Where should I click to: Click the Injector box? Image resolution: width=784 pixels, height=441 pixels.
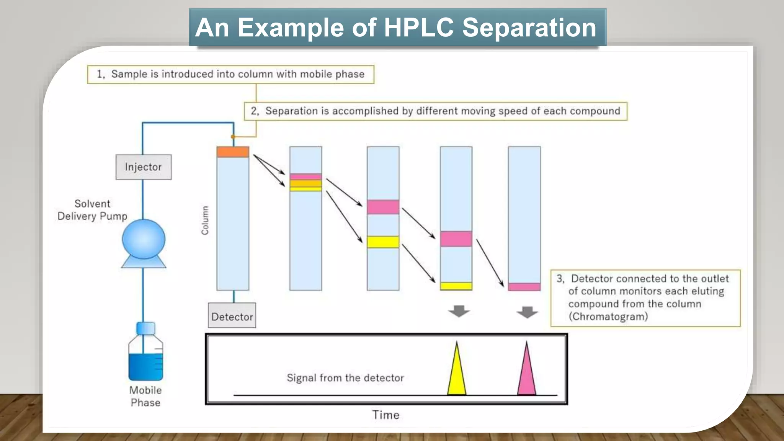(x=144, y=167)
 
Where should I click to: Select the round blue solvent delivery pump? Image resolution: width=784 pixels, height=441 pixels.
(x=144, y=239)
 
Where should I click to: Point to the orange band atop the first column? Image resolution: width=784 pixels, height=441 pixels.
(x=233, y=152)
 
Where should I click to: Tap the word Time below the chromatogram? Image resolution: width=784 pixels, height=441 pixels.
(x=385, y=415)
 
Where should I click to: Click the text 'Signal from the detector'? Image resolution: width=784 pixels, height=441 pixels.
(x=345, y=378)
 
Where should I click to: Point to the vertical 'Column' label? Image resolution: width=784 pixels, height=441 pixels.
(x=205, y=220)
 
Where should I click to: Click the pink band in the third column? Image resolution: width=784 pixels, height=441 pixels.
(x=383, y=207)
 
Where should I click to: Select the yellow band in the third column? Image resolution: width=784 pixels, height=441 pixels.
(x=383, y=242)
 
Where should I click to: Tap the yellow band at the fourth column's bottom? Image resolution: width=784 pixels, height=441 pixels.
(x=456, y=286)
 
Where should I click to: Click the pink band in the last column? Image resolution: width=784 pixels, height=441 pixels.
(x=524, y=287)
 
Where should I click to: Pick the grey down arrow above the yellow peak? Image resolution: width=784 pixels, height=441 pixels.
(x=459, y=311)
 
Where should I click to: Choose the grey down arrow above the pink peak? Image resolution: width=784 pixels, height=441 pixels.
(x=527, y=312)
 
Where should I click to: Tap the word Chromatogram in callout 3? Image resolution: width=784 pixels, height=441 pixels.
(x=608, y=317)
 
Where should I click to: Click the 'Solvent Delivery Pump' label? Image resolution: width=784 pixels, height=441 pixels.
(x=92, y=210)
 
